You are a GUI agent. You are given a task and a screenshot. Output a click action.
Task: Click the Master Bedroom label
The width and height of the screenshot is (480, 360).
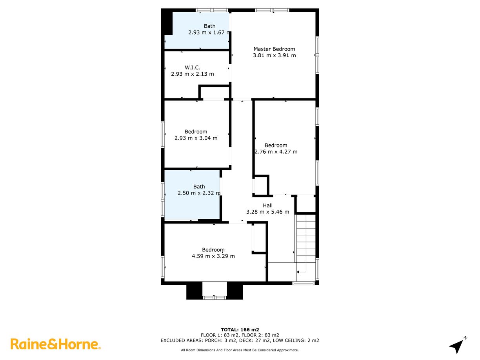[x=274, y=49]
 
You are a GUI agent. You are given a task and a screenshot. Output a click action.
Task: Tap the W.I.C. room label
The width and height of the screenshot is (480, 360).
[x=193, y=67]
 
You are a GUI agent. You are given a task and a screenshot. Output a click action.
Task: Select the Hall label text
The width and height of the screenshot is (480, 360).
[x=267, y=205]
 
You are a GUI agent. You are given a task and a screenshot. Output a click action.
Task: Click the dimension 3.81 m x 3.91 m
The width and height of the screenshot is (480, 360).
[x=274, y=56]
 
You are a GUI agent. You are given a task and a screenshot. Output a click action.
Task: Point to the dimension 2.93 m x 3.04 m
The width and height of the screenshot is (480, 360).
[x=196, y=138]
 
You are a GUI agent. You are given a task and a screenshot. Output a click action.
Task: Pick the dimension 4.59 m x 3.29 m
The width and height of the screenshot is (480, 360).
[x=213, y=256]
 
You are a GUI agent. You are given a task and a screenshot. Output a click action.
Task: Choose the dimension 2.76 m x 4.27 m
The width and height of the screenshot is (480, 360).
[x=276, y=152]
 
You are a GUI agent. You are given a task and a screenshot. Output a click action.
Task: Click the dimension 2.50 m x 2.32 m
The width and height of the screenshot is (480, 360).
[x=199, y=193]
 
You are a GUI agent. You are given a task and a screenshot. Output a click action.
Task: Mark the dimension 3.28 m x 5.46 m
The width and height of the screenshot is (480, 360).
[x=267, y=212]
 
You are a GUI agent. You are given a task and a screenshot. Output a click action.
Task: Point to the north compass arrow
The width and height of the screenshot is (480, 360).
[x=457, y=345]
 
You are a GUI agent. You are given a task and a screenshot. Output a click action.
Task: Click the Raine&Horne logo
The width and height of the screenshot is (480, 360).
[x=55, y=344]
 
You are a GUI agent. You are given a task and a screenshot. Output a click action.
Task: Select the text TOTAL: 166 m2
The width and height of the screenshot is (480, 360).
[x=240, y=330]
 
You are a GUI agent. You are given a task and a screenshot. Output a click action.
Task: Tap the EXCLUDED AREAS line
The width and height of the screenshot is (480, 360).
[x=240, y=340]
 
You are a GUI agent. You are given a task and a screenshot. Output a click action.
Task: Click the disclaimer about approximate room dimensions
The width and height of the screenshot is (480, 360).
[x=240, y=350]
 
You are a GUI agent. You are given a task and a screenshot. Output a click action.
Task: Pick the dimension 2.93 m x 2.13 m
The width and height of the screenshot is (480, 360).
[x=193, y=74]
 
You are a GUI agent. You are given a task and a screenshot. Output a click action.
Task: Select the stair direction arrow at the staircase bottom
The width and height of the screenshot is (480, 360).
[x=300, y=271]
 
